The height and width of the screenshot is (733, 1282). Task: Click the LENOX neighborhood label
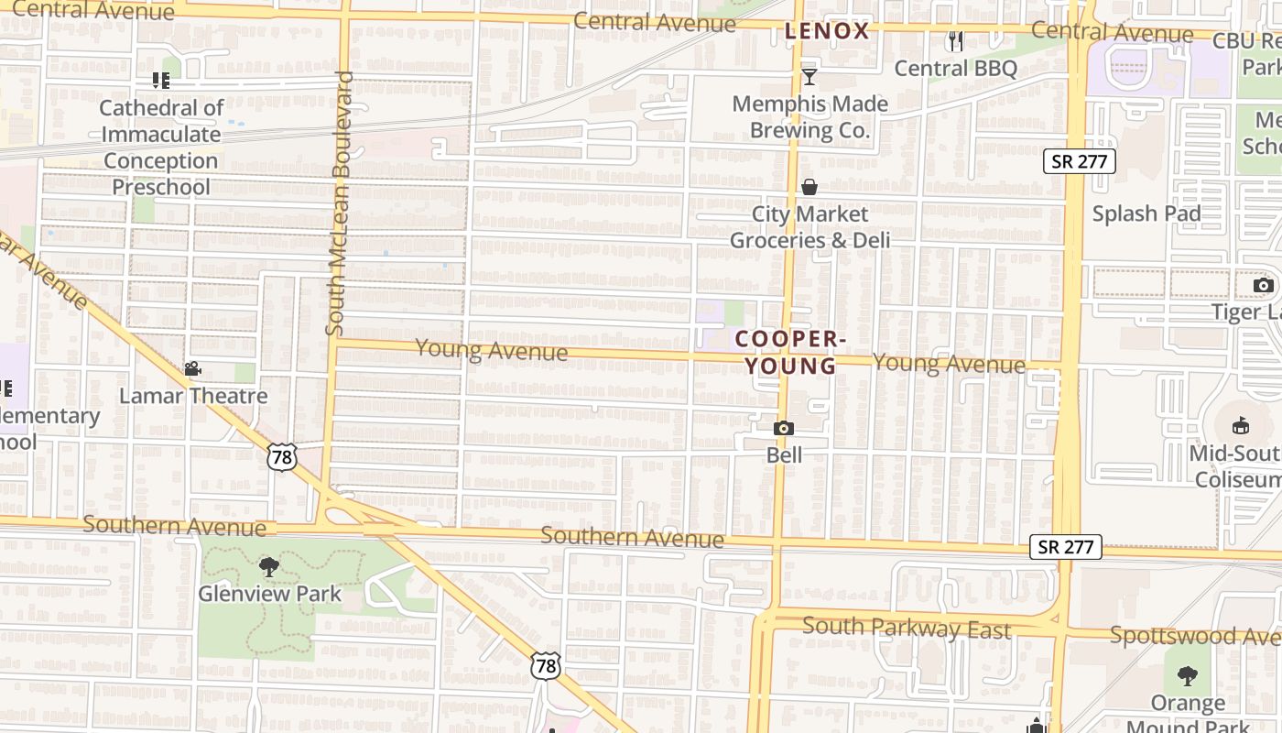click(x=827, y=31)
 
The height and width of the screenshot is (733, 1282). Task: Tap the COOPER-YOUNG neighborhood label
click(x=788, y=353)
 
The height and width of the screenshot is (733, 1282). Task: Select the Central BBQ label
click(x=955, y=69)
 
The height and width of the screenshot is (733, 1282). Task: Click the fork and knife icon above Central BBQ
click(x=956, y=41)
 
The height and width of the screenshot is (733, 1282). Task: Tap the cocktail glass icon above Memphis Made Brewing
click(x=809, y=76)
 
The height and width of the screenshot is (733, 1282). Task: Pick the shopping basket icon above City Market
click(x=809, y=187)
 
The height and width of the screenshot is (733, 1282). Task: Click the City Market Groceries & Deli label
click(x=809, y=227)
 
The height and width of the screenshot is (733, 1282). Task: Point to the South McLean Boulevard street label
click(x=339, y=203)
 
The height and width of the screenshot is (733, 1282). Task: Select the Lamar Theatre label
click(x=193, y=396)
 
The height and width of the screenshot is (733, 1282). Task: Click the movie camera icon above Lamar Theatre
click(x=192, y=369)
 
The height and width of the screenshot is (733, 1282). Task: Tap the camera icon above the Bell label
click(x=783, y=428)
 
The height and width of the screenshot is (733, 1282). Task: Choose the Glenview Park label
click(x=269, y=594)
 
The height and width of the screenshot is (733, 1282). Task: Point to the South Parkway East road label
click(x=907, y=629)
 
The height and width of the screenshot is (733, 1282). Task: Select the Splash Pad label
click(x=1146, y=213)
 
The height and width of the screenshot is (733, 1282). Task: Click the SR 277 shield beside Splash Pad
click(x=1080, y=162)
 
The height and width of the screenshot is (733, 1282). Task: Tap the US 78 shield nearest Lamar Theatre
click(x=282, y=456)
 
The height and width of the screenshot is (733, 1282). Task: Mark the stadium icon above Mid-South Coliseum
click(x=1241, y=426)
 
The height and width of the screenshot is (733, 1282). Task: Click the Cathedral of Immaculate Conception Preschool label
click(x=161, y=148)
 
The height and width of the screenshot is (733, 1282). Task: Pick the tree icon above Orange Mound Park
click(x=1187, y=676)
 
